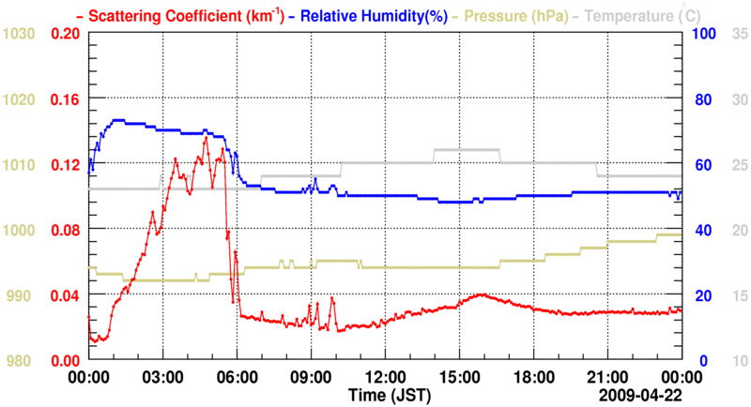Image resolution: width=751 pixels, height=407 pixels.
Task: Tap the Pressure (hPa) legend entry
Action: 507,16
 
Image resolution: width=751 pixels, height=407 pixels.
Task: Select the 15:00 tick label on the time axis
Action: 459,377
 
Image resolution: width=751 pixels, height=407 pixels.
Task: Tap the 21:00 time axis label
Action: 607,377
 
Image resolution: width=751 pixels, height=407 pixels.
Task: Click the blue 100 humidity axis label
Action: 705,34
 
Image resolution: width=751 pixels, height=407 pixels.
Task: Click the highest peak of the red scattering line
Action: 206,138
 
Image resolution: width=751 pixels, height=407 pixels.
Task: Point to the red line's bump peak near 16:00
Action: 481,294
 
